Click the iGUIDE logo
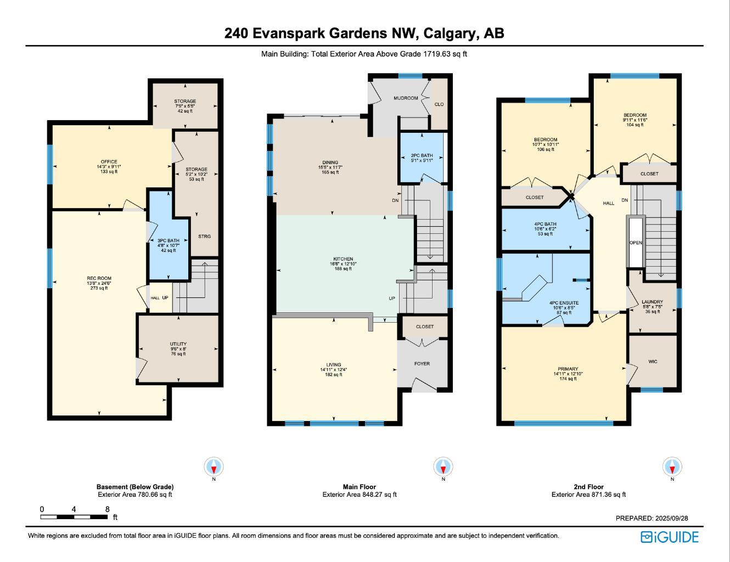click(x=670, y=537)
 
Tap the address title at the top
click(x=364, y=33)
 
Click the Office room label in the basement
click(x=109, y=162)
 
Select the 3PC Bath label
click(x=168, y=241)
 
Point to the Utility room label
click(x=178, y=344)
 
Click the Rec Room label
click(x=99, y=278)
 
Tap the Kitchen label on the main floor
click(x=343, y=259)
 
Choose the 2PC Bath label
click(x=422, y=156)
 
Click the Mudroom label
click(x=406, y=98)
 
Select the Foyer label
click(x=422, y=364)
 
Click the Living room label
click(x=334, y=365)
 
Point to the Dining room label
click(x=330, y=162)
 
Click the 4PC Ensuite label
click(x=564, y=303)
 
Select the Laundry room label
click(x=652, y=302)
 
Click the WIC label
click(x=653, y=362)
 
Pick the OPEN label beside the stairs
click(x=636, y=243)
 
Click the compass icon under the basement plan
click(x=214, y=467)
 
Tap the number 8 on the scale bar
click(x=108, y=509)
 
